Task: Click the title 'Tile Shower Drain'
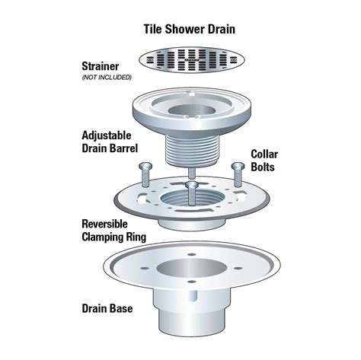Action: click(189, 30)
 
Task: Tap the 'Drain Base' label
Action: click(109, 309)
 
